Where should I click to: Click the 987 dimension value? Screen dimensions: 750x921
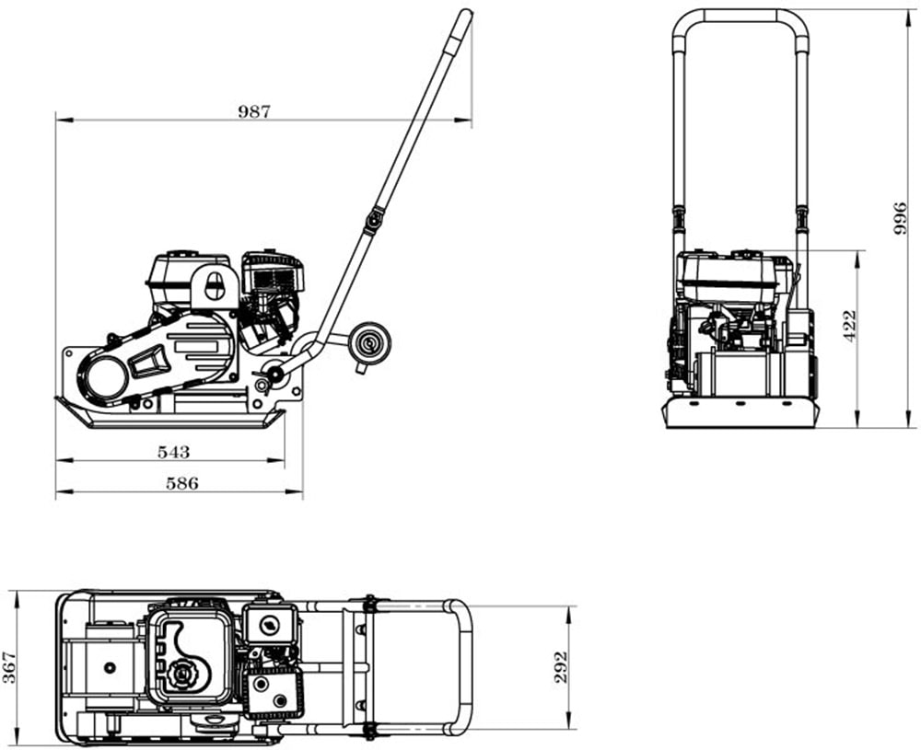tap(254, 111)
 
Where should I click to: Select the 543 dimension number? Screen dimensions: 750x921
tap(173, 452)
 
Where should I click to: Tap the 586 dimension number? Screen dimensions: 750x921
tap(181, 484)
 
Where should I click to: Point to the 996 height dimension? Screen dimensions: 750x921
tap(901, 218)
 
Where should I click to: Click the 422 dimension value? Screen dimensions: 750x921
tap(850, 326)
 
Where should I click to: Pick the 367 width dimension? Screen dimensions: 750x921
tap(9, 667)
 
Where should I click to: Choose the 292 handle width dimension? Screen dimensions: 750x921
tap(561, 667)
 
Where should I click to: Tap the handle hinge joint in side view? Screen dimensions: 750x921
tap(373, 220)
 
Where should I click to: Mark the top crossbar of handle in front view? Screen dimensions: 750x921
tap(740, 15)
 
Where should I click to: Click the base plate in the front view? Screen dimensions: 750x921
tap(740, 413)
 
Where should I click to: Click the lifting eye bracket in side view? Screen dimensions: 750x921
tap(216, 286)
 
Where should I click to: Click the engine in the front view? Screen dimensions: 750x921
tap(732, 294)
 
